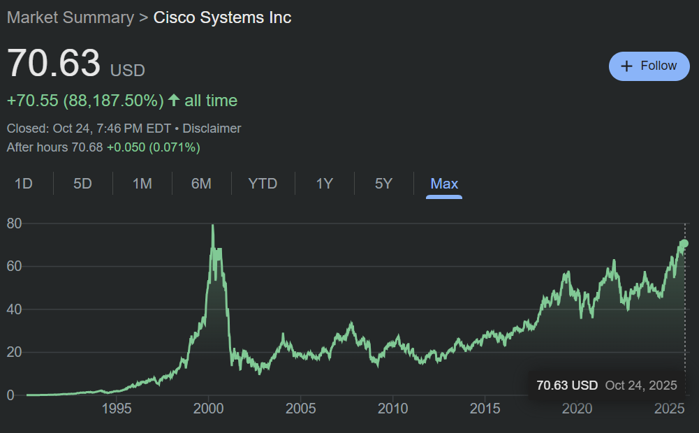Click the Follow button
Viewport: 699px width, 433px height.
pos(649,66)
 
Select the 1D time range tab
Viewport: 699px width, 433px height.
pos(24,184)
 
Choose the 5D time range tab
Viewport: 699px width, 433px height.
pos(82,184)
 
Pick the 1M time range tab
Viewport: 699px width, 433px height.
pos(142,184)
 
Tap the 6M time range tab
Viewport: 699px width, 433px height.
pos(201,184)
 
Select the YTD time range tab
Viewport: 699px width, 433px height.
pos(263,184)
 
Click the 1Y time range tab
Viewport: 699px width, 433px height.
pos(324,184)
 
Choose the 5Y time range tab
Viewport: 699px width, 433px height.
pos(383,184)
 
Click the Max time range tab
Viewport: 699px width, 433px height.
pos(444,184)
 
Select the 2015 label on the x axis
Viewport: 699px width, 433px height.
pos(485,408)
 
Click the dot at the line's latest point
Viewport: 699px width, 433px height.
pos(684,243)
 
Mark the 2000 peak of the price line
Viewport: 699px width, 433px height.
pos(212,226)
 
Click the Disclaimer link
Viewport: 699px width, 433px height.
pos(212,129)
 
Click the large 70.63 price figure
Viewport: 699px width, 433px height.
pos(54,64)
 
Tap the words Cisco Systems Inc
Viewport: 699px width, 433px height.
pos(222,17)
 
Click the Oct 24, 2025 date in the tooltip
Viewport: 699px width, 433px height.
pos(641,385)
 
